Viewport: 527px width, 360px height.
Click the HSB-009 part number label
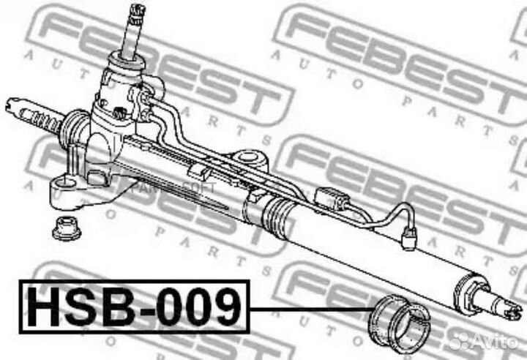click(135, 307)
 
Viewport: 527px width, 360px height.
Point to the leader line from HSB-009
click(307, 308)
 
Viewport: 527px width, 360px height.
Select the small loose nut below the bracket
click(67, 228)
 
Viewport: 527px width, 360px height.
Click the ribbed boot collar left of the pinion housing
click(74, 132)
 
